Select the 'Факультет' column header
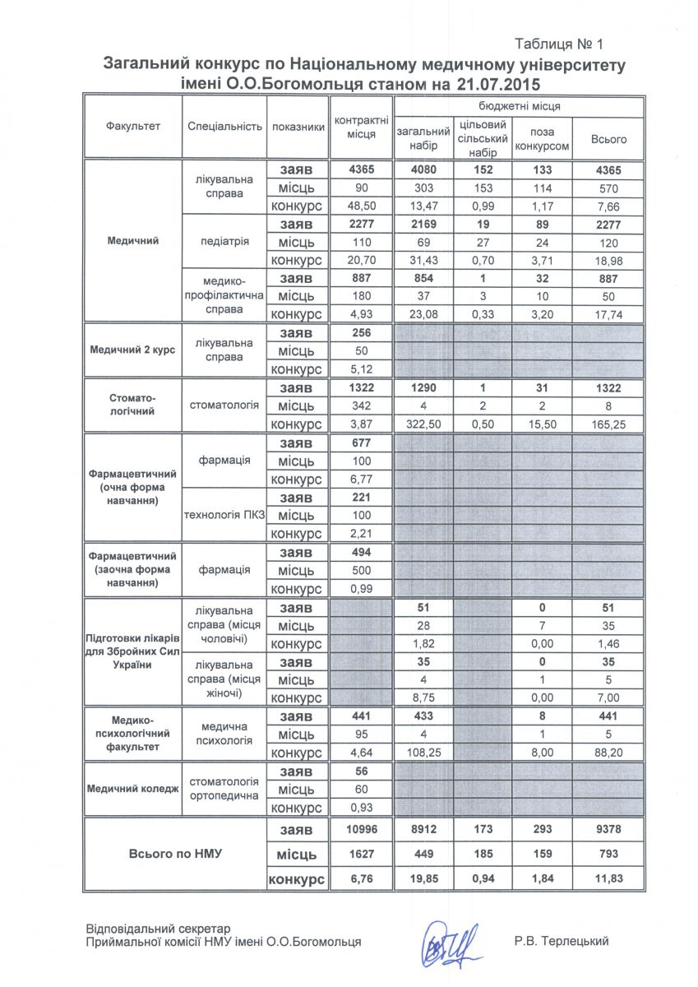[132, 127]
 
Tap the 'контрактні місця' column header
[361, 127]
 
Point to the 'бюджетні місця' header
[519, 106]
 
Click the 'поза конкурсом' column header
[542, 138]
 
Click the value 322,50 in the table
[424, 424]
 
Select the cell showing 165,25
[608, 424]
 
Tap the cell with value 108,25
[424, 752]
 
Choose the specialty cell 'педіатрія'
[224, 242]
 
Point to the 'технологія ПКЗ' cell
[225, 516]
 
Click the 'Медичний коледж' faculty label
[132, 788]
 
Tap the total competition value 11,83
[608, 878]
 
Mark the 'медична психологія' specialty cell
[224, 734]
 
